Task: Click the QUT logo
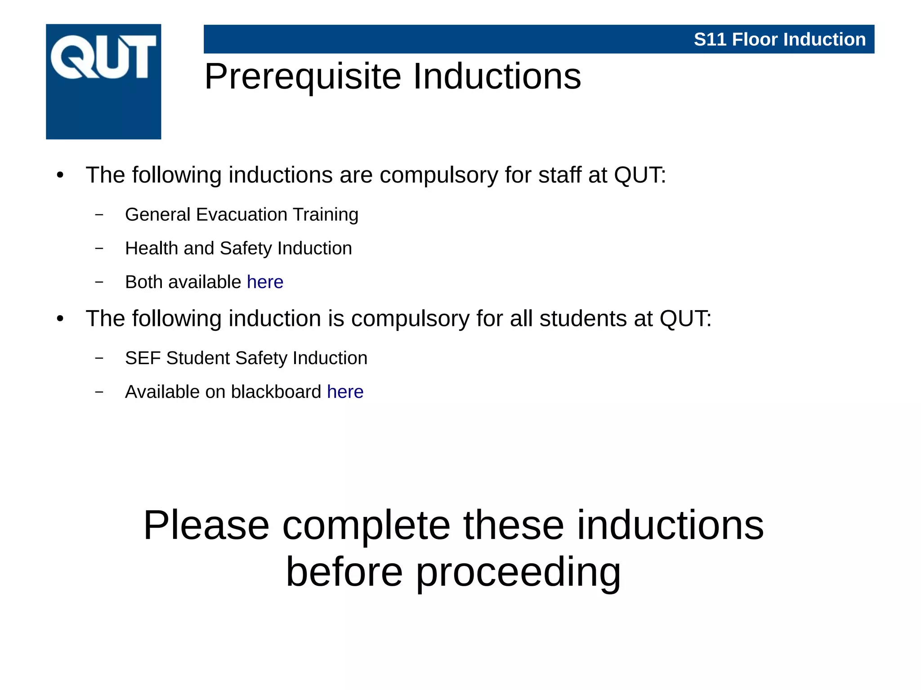(x=103, y=81)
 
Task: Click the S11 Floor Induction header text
(x=779, y=40)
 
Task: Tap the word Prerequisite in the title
(x=303, y=77)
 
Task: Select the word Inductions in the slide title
(x=496, y=77)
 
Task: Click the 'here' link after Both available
(x=265, y=282)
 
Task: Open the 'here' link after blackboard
(x=345, y=392)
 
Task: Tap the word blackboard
(x=276, y=392)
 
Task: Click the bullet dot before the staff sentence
(x=60, y=176)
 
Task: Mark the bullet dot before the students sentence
(x=60, y=319)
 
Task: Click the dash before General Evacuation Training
(x=99, y=215)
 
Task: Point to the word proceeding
(x=518, y=572)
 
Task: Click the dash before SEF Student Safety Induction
(x=99, y=358)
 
